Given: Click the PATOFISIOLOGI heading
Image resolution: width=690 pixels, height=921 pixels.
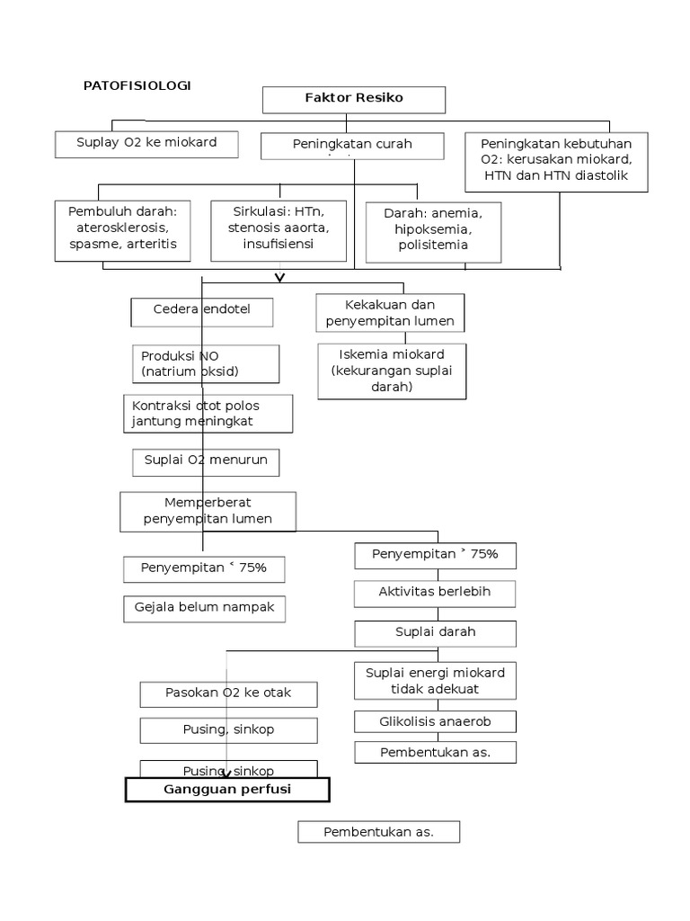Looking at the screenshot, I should (x=137, y=85).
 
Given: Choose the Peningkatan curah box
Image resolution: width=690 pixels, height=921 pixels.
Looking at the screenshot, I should (x=352, y=147).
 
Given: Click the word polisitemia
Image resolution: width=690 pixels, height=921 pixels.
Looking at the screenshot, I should (x=433, y=246).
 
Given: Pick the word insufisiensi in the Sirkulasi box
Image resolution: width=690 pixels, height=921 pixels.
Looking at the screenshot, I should (x=278, y=244).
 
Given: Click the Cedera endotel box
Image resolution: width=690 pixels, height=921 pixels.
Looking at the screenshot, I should (x=201, y=311).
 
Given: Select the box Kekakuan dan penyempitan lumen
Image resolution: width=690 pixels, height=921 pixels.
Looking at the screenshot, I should (x=391, y=313).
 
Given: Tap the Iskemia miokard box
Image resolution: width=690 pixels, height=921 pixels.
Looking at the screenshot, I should (x=391, y=370).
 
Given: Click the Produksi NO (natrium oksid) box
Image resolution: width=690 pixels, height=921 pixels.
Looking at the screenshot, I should (x=205, y=363).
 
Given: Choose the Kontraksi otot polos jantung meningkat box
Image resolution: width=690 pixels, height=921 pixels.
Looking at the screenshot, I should (x=206, y=414).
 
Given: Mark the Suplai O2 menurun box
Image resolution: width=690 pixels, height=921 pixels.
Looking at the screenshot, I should (x=206, y=462).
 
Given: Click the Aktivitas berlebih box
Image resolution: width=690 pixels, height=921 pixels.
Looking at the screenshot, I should (x=435, y=594).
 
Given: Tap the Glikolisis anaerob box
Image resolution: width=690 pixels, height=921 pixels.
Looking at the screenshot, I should (x=435, y=721).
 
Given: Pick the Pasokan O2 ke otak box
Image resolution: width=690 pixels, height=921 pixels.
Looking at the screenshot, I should (x=228, y=693).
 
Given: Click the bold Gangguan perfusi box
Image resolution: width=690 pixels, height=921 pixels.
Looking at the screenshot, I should (x=227, y=790).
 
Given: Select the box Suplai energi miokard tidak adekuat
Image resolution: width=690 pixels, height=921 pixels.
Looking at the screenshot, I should (x=435, y=681).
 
